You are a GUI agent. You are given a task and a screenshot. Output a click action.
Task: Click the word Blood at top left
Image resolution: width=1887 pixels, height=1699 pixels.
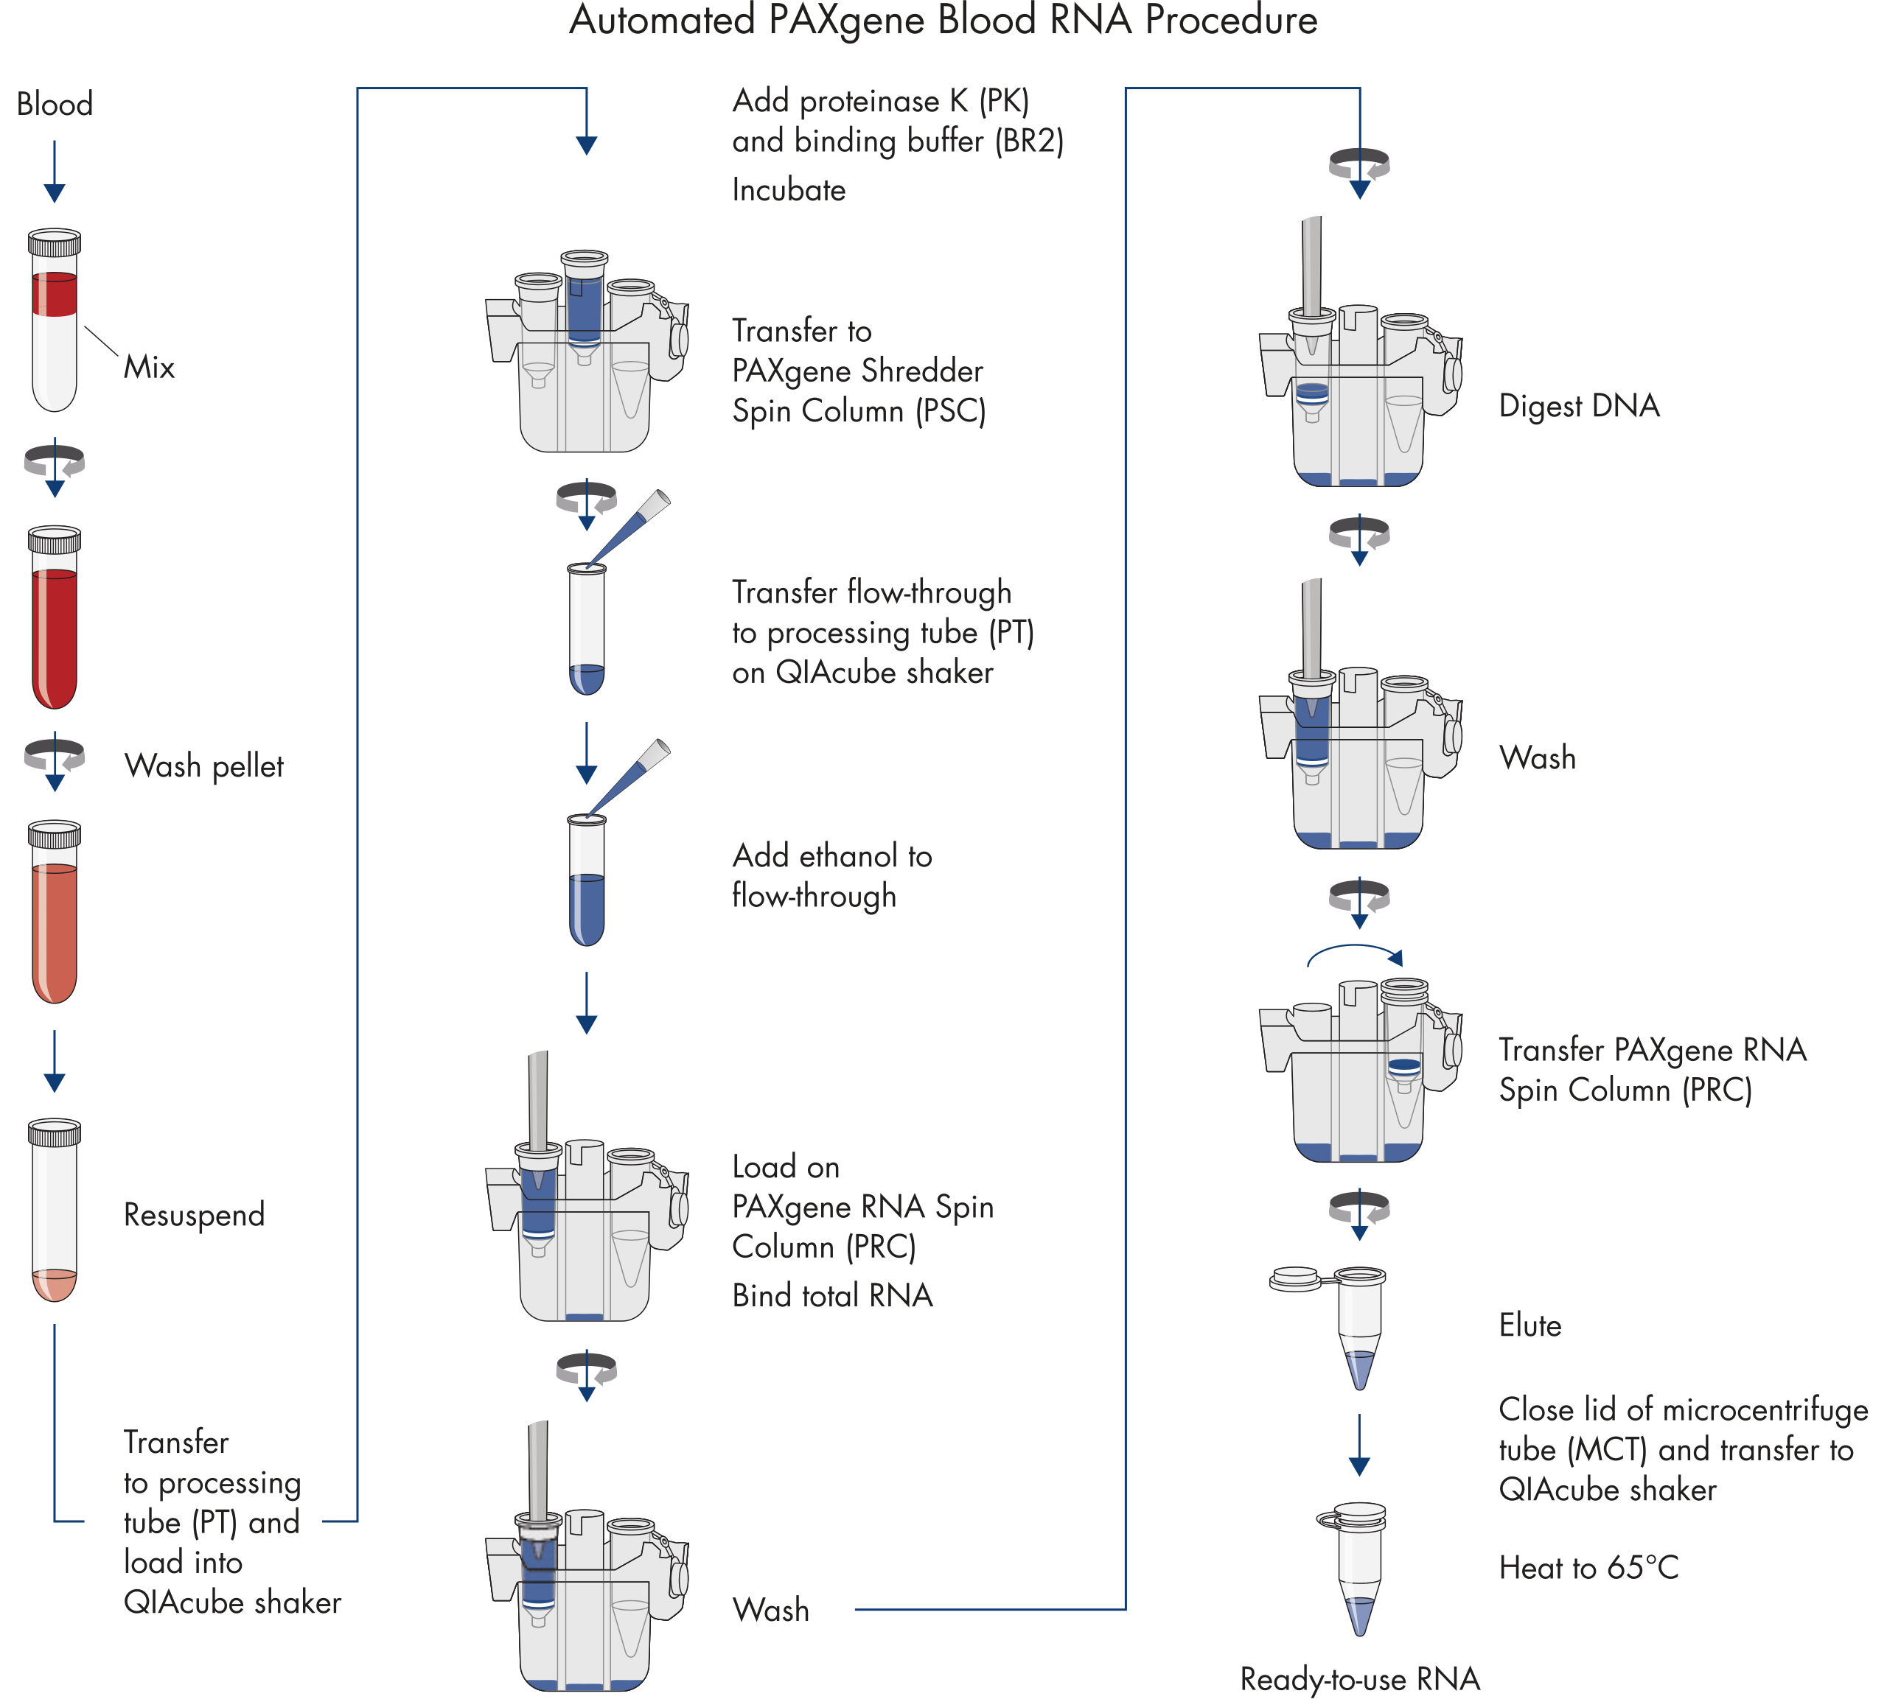pyautogui.click(x=54, y=104)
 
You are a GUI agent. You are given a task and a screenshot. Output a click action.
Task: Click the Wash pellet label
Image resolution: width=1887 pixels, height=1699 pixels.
pyautogui.click(x=203, y=766)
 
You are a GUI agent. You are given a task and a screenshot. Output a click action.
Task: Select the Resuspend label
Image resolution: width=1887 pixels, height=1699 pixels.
pyautogui.click(x=194, y=1214)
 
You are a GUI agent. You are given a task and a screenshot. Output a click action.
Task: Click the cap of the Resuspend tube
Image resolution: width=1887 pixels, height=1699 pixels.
pyautogui.click(x=54, y=1132)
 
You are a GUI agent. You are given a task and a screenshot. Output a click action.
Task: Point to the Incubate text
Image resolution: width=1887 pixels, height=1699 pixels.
pyautogui.click(x=788, y=190)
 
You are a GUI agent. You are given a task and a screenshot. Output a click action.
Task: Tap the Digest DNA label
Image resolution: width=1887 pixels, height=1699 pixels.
pyautogui.click(x=1578, y=406)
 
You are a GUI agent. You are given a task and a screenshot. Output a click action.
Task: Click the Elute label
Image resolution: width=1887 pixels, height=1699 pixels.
pyautogui.click(x=1530, y=1325)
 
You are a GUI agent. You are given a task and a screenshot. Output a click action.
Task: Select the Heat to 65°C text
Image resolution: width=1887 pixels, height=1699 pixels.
pyautogui.click(x=1587, y=1567)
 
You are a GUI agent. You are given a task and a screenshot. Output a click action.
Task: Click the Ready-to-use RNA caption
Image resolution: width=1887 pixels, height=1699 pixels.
pyautogui.click(x=1358, y=1678)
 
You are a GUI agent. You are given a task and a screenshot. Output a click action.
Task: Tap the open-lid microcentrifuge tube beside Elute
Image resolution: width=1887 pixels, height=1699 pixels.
pyautogui.click(x=1357, y=1325)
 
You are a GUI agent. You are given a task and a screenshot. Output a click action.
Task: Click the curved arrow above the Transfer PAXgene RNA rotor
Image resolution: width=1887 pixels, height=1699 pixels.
pyautogui.click(x=1354, y=952)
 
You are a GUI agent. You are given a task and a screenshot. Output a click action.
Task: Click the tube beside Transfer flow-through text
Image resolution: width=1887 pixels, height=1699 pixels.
pyautogui.click(x=586, y=630)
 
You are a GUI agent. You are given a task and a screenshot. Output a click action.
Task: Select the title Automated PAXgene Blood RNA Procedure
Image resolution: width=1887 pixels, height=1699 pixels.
pyautogui.click(x=942, y=21)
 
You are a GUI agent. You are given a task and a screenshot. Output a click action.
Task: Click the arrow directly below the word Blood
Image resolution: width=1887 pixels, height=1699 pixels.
pyautogui.click(x=54, y=172)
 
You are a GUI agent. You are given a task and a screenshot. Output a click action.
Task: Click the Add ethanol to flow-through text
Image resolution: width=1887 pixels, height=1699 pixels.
pyautogui.click(x=831, y=875)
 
